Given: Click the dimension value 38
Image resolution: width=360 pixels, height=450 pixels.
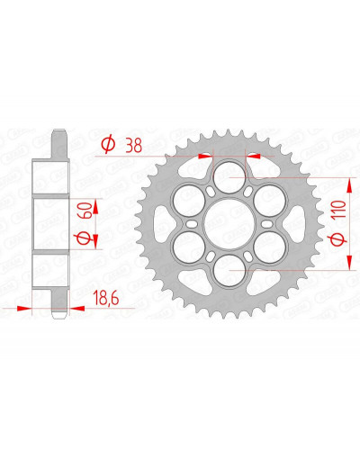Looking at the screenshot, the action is tap(134, 146).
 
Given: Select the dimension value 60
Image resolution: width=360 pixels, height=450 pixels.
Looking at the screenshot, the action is tap(84, 211).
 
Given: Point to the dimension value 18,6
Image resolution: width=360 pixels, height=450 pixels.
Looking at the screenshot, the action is tap(106, 298).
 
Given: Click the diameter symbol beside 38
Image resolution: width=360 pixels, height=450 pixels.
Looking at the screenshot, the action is tap(108, 144).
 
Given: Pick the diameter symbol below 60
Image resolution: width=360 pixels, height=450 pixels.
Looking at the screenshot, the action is tap(84, 238).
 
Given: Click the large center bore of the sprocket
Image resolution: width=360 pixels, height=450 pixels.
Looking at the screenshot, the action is tap(229, 224).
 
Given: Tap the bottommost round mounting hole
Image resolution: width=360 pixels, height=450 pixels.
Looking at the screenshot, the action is tap(229, 271).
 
